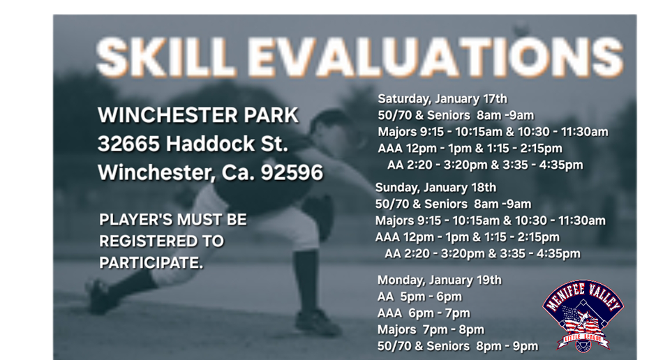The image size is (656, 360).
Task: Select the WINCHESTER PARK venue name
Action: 198,115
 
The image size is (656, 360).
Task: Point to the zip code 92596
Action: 291,172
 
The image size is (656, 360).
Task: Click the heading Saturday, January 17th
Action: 442,98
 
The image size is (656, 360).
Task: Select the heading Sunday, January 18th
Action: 435,188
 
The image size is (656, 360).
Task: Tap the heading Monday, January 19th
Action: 439,280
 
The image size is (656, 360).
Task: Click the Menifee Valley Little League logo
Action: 583,315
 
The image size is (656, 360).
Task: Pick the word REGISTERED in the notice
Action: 161,241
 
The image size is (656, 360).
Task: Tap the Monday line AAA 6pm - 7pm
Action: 424,313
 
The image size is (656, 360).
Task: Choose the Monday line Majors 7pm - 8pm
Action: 431,329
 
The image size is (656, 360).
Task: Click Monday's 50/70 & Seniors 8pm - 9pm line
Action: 457,346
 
